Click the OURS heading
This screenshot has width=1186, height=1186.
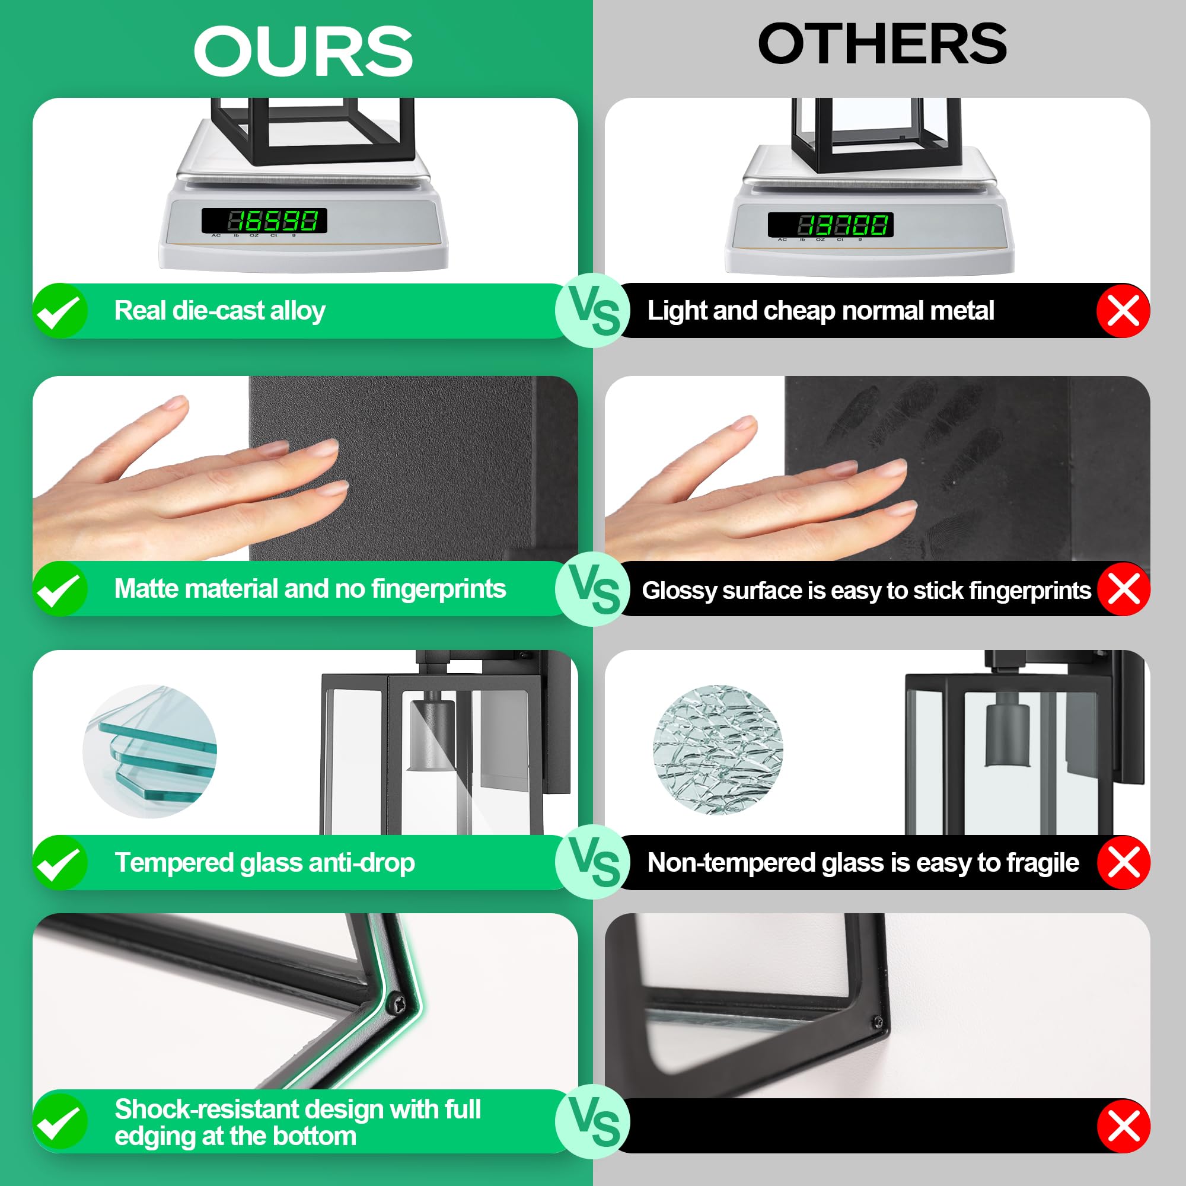click(303, 52)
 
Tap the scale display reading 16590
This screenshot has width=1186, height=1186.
click(264, 221)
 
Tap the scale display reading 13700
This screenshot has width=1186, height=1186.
click(831, 225)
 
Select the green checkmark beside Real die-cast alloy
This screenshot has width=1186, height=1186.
click(60, 311)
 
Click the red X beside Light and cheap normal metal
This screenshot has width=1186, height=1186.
click(1123, 311)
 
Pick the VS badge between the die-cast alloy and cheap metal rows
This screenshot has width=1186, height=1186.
click(593, 311)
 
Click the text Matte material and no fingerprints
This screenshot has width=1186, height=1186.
click(310, 589)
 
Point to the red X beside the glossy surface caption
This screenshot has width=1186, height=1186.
click(1123, 589)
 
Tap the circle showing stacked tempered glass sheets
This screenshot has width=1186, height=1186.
click(150, 751)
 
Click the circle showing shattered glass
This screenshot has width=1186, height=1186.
click(718, 750)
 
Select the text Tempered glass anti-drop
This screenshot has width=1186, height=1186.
click(264, 862)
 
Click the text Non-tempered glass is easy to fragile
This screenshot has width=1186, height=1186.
click(863, 862)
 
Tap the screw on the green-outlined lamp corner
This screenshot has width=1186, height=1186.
click(397, 1004)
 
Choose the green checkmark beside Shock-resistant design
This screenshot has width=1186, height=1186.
click(60, 1121)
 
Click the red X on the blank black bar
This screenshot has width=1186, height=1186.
click(1123, 1127)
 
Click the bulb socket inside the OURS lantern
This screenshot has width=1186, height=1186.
click(432, 735)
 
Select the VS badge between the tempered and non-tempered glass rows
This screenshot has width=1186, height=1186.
click(593, 862)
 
